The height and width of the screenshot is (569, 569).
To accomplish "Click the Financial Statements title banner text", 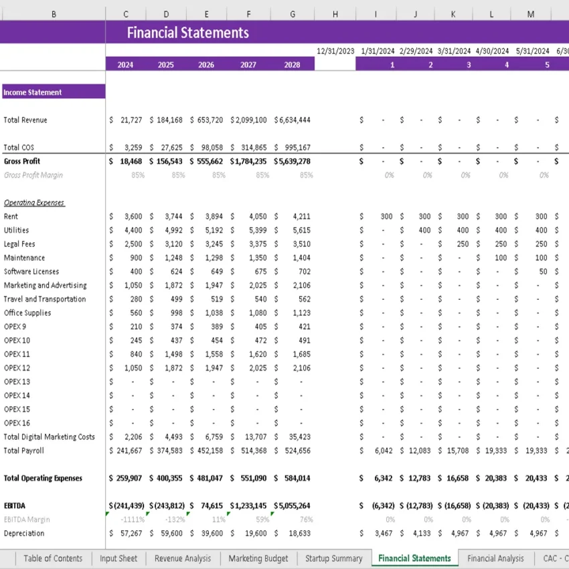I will (x=187, y=32).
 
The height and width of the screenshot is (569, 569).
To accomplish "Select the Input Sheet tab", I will (x=118, y=558).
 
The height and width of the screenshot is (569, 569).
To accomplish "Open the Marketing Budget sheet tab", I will (x=258, y=558).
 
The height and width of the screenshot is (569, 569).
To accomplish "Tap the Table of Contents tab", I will (x=53, y=558).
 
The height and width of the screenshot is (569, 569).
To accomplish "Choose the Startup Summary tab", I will (x=333, y=558).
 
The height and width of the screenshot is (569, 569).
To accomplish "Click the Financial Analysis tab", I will (x=495, y=558).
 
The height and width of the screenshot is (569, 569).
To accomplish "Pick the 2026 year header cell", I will (x=206, y=65).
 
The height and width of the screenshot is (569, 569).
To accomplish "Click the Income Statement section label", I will (x=33, y=92).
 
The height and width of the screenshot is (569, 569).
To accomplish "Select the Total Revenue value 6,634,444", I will (x=294, y=120).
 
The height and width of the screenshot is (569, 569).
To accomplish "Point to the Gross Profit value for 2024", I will (x=128, y=161).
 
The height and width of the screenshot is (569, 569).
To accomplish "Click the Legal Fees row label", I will (x=19, y=244).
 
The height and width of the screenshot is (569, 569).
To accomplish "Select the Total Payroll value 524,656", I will (x=295, y=451).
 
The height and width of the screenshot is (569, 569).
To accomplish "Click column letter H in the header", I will (x=335, y=14).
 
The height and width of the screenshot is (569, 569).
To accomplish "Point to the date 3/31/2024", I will (x=454, y=51).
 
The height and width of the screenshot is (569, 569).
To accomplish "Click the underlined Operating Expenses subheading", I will (x=34, y=203).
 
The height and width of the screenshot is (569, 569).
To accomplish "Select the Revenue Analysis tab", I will (x=182, y=558).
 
